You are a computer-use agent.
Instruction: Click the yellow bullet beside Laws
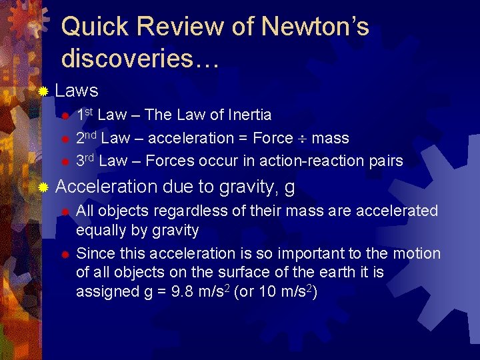pyautogui.click(x=43, y=91)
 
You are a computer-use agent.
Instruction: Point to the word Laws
pyautogui.click(x=77, y=91)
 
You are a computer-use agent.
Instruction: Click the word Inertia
pyautogui.click(x=250, y=115)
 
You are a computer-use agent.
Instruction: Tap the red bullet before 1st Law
pyautogui.click(x=65, y=116)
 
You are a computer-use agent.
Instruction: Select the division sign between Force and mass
pyautogui.click(x=303, y=138)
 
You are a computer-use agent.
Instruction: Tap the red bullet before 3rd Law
pyautogui.click(x=65, y=161)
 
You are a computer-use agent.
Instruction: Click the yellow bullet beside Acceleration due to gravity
pyautogui.click(x=43, y=188)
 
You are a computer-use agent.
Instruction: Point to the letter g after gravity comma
pyautogui.click(x=289, y=188)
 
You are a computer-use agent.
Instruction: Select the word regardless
pyautogui.click(x=171, y=211)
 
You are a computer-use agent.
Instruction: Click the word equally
pyautogui.click(x=99, y=231)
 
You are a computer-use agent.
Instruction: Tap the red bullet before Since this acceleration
pyautogui.click(x=65, y=255)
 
